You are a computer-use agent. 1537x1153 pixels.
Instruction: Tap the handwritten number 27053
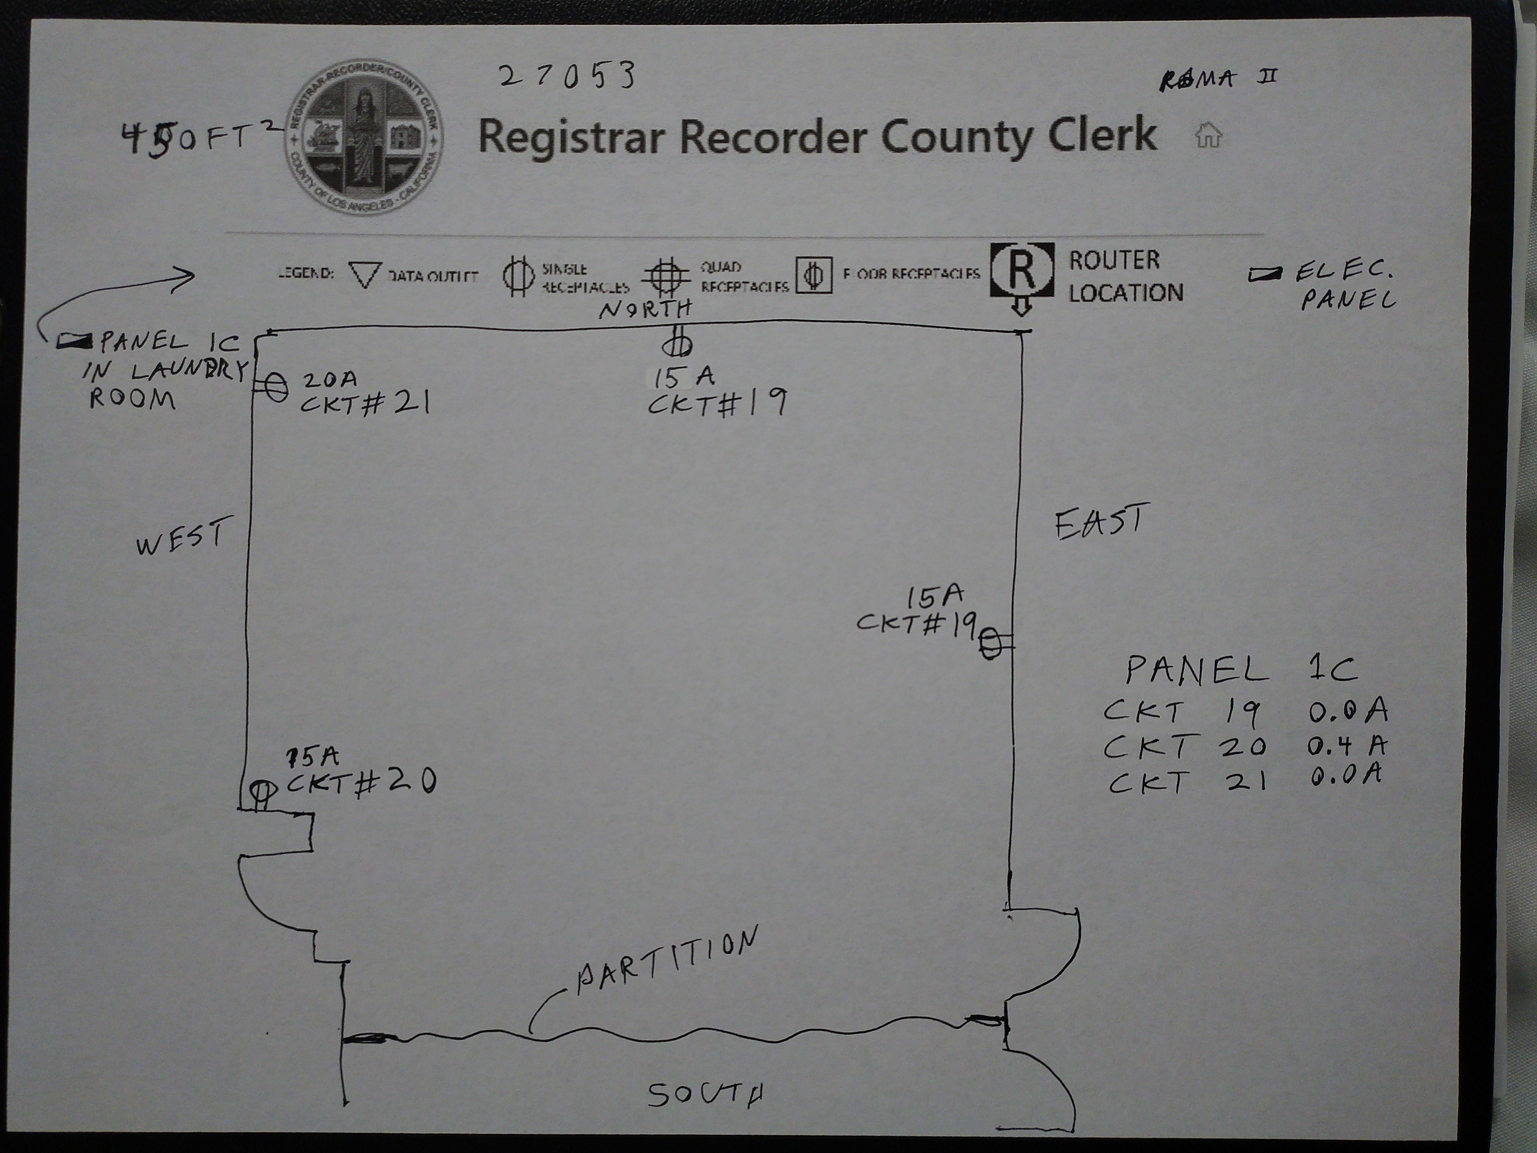click(x=567, y=75)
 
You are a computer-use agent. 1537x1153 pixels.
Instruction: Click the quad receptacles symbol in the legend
click(x=666, y=276)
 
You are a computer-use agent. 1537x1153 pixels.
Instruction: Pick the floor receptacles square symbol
click(x=814, y=276)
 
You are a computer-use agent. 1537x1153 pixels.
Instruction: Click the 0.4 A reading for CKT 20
click(x=1346, y=746)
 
